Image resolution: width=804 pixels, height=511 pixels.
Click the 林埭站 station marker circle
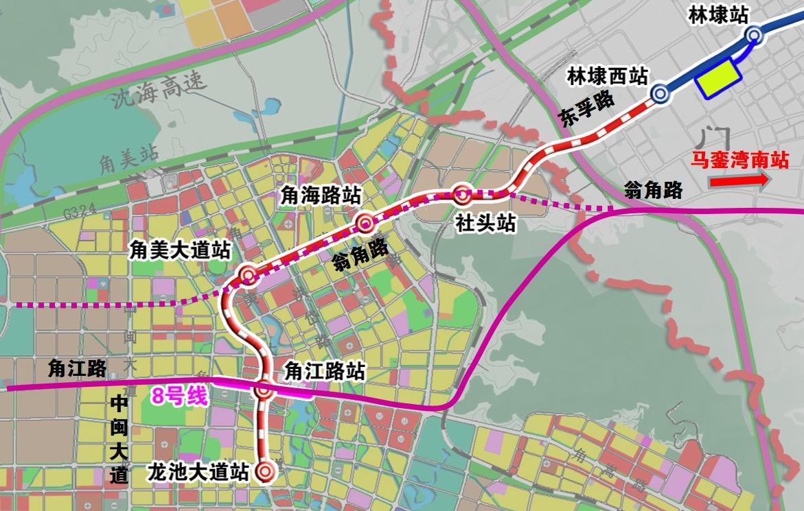pos(754,35)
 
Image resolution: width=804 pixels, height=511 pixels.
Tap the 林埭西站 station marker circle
pos(660,93)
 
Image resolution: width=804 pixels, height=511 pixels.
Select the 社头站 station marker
pos(462,195)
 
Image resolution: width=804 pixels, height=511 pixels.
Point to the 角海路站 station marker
pos(365,223)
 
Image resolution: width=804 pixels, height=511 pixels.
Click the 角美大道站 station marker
pos(248,276)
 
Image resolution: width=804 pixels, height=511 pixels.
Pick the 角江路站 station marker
pos(264,390)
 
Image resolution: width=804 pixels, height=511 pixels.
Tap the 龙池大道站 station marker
pos(265,471)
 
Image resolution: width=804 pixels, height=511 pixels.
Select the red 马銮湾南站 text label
pos(739,161)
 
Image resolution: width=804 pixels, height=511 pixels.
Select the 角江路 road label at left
pos(77,369)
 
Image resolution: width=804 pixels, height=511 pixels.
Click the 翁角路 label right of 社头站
pos(654,190)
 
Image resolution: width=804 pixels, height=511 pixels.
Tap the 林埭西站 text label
pos(608,76)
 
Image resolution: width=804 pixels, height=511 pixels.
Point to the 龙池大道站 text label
pos(198,472)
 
